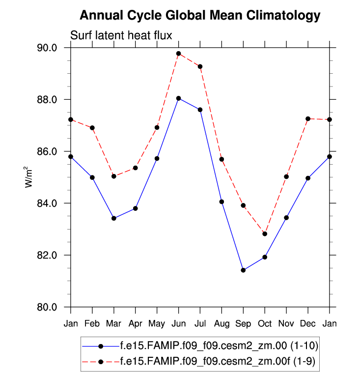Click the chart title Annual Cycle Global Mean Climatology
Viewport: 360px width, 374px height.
coord(200,15)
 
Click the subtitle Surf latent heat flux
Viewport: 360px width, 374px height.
coord(120,35)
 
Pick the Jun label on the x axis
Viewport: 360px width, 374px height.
coord(179,323)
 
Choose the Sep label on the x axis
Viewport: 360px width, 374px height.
coord(243,323)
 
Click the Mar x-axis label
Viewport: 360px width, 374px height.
coord(114,323)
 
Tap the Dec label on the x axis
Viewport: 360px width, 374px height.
coord(308,323)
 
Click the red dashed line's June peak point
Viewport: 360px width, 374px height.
coord(179,54)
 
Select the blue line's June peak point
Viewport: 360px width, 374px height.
coord(179,98)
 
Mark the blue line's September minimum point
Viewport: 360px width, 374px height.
coord(243,270)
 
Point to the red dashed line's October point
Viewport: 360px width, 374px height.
coord(265,234)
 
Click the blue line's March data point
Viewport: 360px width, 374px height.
coord(114,218)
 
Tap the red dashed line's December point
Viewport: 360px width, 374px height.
coord(308,119)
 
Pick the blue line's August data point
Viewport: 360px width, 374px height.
coord(222,201)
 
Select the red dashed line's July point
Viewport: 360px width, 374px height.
coord(200,66)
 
